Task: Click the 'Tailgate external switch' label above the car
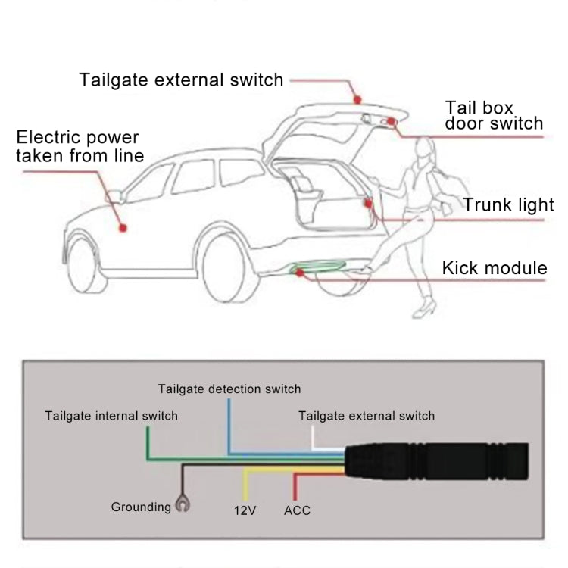(181, 80)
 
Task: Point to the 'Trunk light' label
(508, 204)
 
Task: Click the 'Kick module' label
(494, 267)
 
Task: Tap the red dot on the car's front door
(121, 226)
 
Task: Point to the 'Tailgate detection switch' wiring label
(229, 389)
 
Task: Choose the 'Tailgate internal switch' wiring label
(111, 415)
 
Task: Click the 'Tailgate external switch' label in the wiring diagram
(367, 415)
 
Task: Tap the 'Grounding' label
(141, 507)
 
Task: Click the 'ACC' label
(297, 510)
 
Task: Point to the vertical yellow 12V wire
(244, 484)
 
